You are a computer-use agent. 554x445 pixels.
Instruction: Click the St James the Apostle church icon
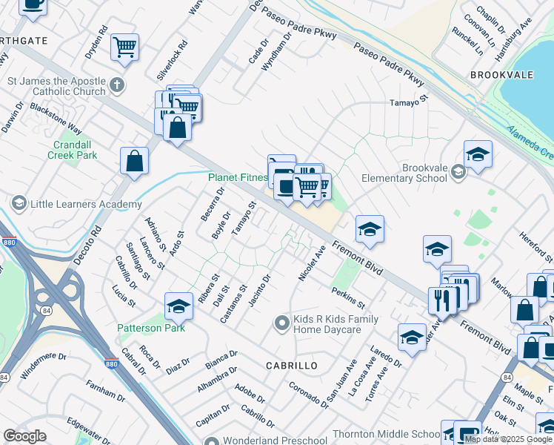[x=116, y=85]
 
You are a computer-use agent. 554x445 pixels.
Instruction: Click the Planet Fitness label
[x=238, y=178]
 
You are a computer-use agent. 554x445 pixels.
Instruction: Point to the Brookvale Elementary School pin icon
[x=458, y=173]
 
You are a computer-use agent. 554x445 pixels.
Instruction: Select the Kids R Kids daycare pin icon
[x=281, y=323]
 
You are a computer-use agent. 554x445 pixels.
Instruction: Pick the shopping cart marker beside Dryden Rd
[x=125, y=47]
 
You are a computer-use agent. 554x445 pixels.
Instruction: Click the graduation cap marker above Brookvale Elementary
[x=478, y=154]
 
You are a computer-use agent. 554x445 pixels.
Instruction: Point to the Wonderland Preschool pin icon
[x=212, y=441]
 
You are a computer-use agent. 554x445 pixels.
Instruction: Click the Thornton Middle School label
[x=397, y=434]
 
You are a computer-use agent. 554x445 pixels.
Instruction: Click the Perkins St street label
[x=349, y=300]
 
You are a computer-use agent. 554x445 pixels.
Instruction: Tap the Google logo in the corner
[x=24, y=436]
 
